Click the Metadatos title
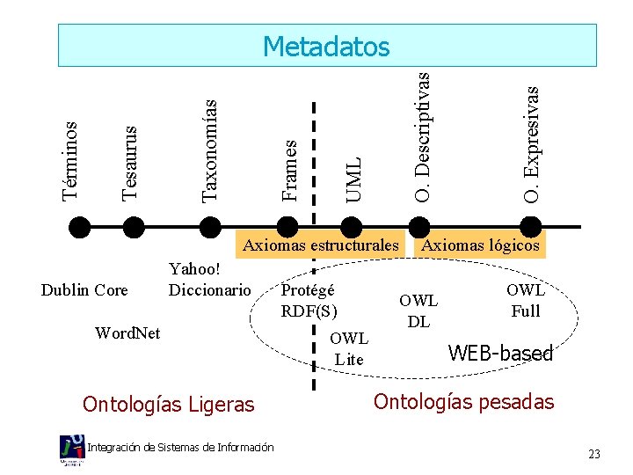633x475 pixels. pyautogui.click(x=326, y=46)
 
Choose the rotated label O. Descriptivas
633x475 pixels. pyautogui.click(x=423, y=136)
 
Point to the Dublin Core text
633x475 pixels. pyautogui.click(x=84, y=289)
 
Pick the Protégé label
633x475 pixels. pyautogui.click(x=308, y=289)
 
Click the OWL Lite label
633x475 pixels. pyautogui.click(x=349, y=348)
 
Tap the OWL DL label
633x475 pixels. pyautogui.click(x=418, y=311)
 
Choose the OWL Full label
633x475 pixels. pyautogui.click(x=525, y=300)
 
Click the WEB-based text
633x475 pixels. pyautogui.click(x=500, y=354)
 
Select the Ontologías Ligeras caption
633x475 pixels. pyautogui.click(x=168, y=404)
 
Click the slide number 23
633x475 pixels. pyautogui.click(x=594, y=454)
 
